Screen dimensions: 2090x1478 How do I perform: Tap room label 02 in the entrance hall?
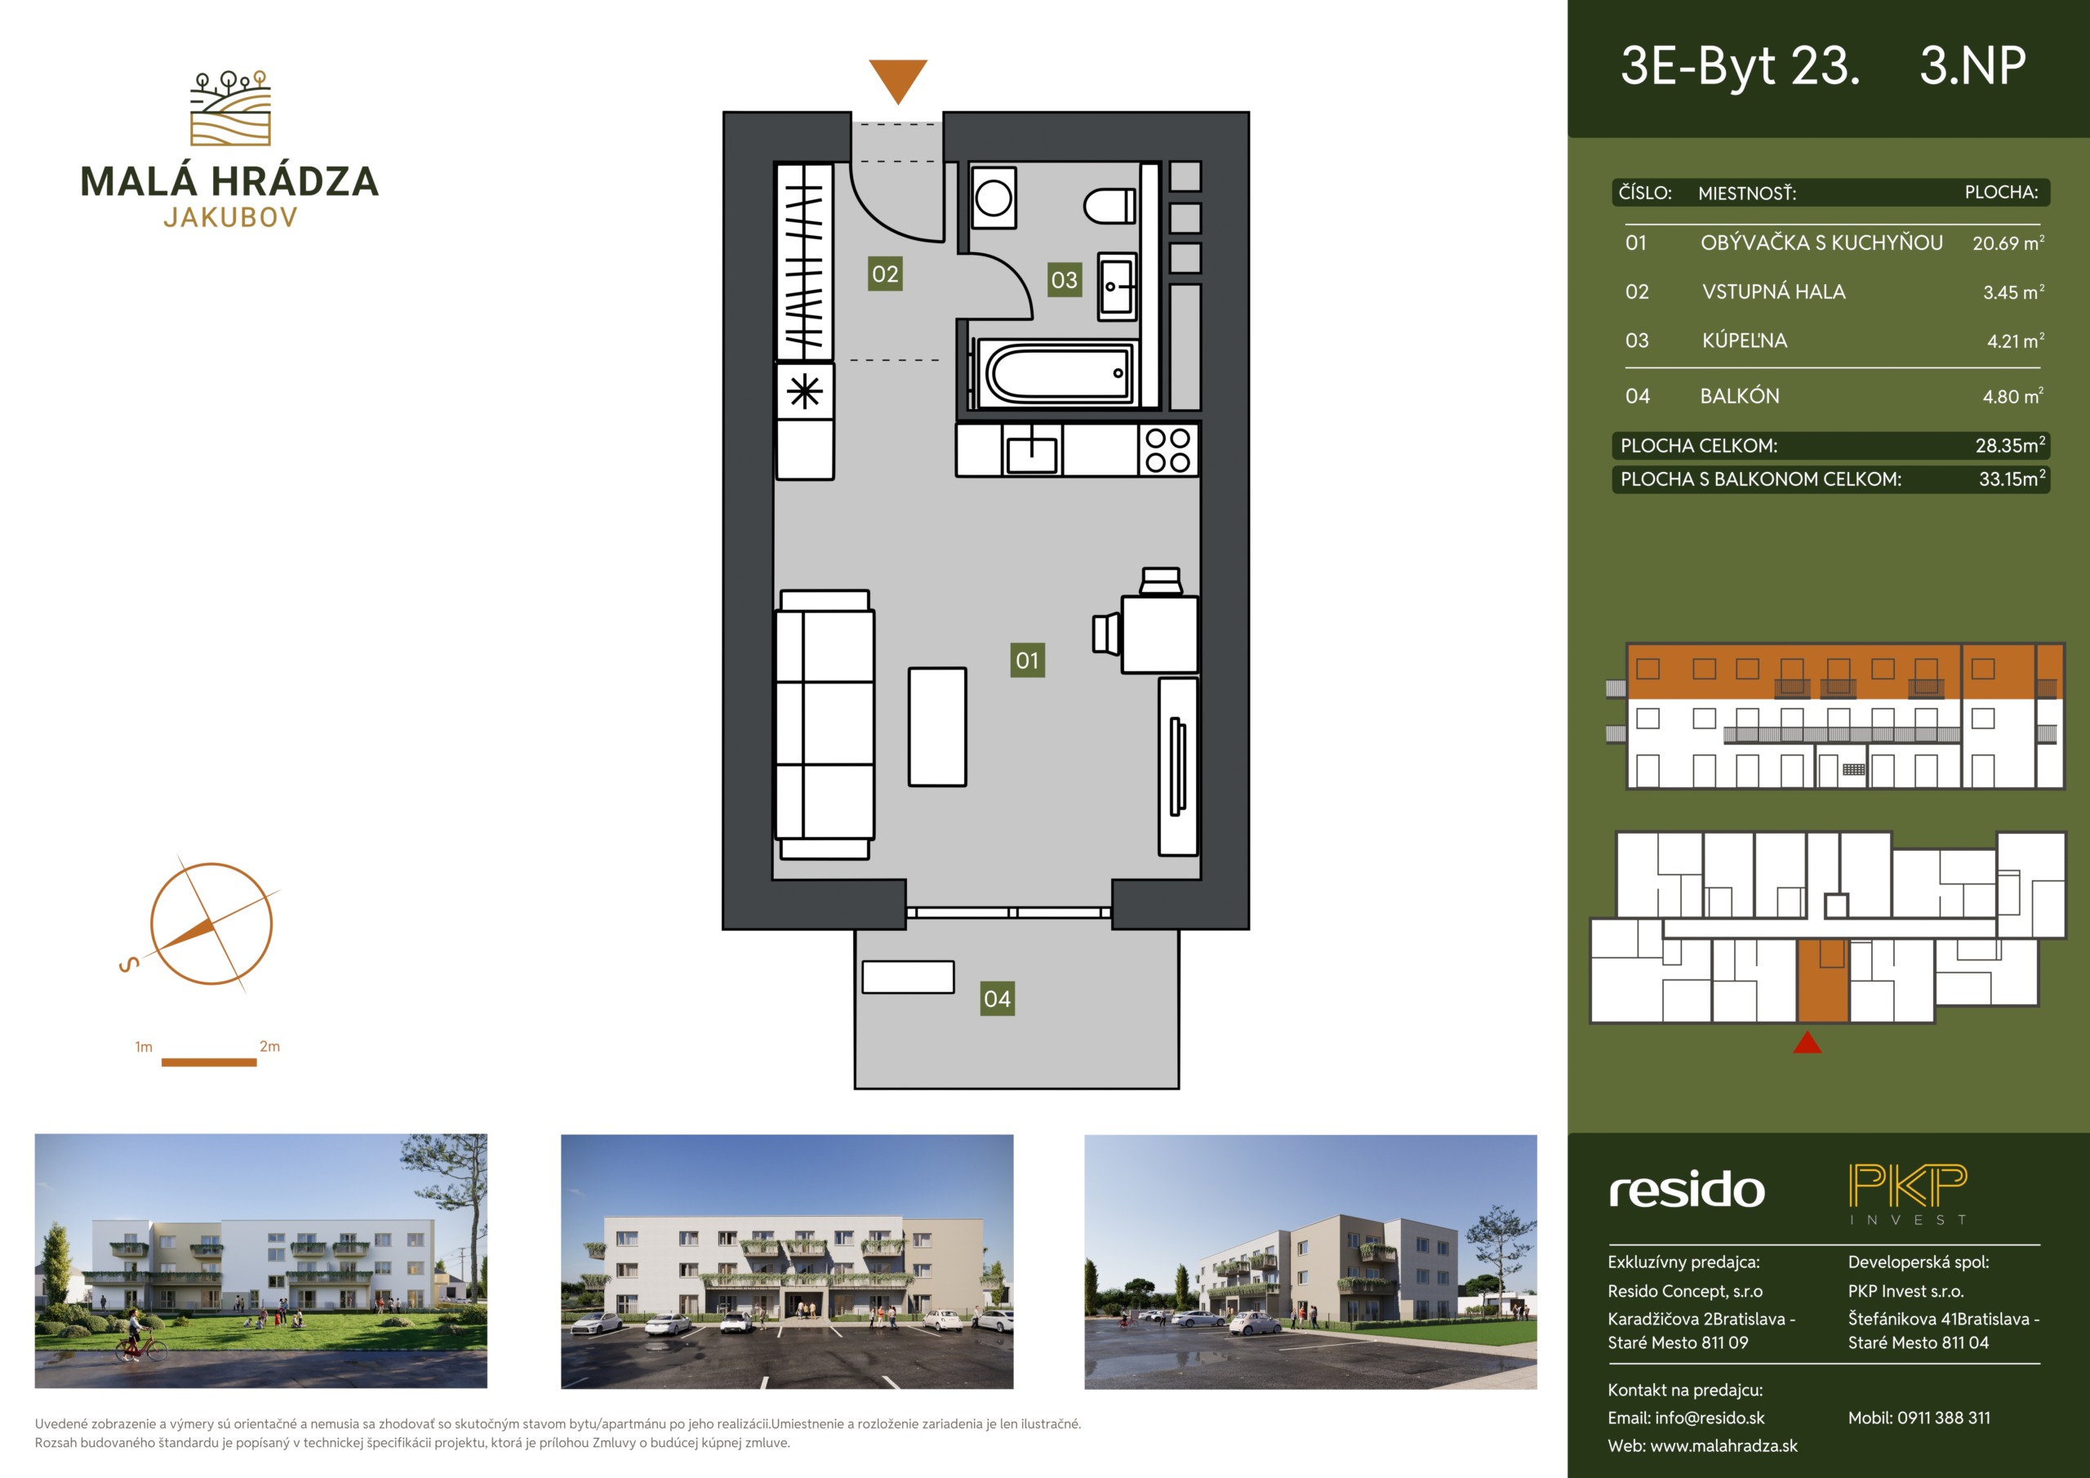coord(885,274)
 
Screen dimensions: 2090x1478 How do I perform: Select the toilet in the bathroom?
coord(1109,207)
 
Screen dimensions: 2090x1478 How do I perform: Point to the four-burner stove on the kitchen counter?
coord(1168,450)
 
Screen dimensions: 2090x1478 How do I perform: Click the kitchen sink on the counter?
coord(1031,451)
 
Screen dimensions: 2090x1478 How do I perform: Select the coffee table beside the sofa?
coord(936,727)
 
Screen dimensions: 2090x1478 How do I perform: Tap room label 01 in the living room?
coord(1028,661)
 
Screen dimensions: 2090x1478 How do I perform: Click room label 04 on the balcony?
coord(997,999)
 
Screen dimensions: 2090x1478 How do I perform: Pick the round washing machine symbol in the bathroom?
coord(993,198)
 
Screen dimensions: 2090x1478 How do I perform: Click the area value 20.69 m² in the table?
coord(2008,243)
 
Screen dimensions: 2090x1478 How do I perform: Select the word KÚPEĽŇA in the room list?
coord(1744,340)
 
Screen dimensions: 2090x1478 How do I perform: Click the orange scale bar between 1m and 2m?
coord(208,1062)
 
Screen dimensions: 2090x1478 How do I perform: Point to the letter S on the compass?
coord(129,964)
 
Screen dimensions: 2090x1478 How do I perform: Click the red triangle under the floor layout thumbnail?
coord(1807,1042)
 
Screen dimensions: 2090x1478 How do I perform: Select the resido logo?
coord(1687,1191)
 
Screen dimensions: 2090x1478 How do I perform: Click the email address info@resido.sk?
coord(1710,1418)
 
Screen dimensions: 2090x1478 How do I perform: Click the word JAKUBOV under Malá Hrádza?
coord(230,218)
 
